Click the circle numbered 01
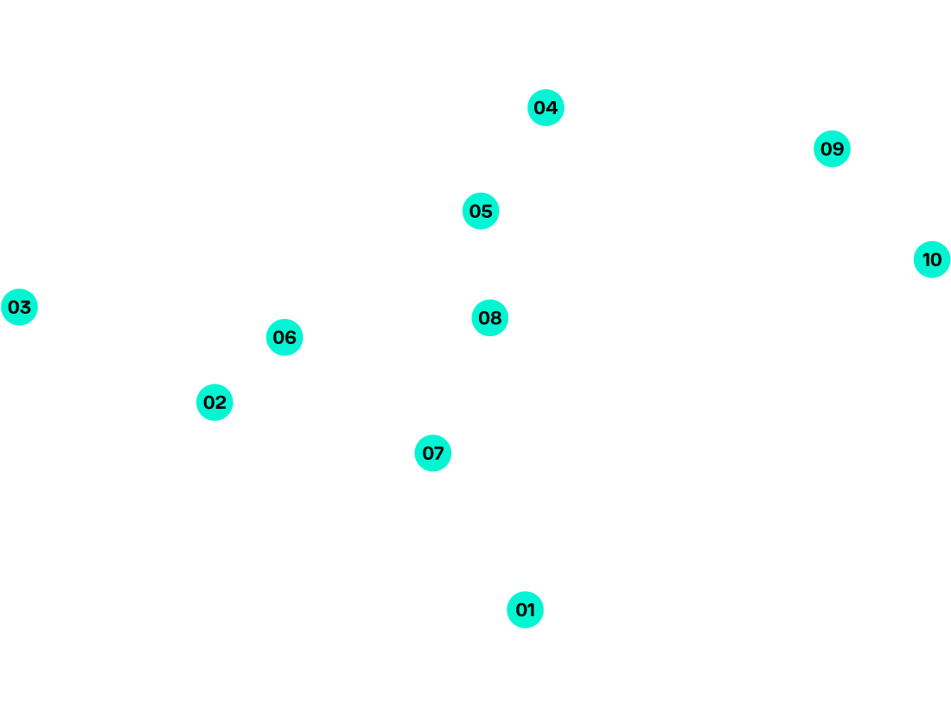coord(525,610)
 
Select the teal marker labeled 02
coord(214,403)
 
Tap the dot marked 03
coord(19,307)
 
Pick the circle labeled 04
coord(546,108)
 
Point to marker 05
coord(481,211)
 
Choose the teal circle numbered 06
coord(284,337)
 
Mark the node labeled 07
coord(432,453)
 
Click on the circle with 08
coord(489,318)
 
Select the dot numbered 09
coord(832,149)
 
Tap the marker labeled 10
coord(932,259)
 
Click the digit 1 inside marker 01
coord(531,610)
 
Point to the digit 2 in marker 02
coord(220,403)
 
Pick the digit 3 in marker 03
coord(25,307)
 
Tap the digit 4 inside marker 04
coord(552,108)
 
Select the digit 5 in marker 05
coord(487,211)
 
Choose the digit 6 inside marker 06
coord(290,337)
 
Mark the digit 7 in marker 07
coord(439,453)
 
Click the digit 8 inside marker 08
coord(495,318)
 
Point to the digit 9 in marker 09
coord(838,149)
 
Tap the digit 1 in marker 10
coord(925,259)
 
